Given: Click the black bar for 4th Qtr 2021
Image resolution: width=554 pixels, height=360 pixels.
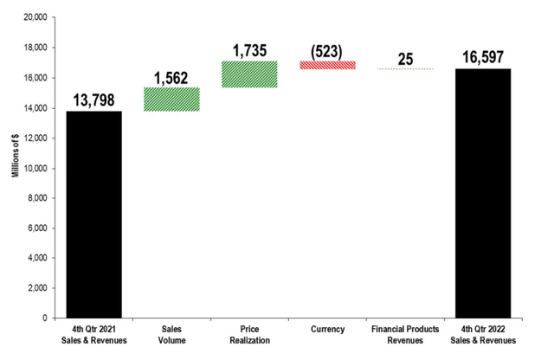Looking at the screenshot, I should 93,215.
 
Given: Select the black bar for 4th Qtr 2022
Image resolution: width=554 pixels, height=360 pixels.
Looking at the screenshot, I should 483,193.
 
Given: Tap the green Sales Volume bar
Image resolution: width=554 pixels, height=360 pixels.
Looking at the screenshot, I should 171,100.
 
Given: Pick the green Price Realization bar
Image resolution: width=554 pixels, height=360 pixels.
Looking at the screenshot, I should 249,74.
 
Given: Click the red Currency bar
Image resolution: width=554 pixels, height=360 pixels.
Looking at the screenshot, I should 327,65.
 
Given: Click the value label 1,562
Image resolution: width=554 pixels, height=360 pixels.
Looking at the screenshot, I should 171,79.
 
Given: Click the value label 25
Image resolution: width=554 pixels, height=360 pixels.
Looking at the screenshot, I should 405,59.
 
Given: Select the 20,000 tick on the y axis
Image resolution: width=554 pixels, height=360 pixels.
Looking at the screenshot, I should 33,17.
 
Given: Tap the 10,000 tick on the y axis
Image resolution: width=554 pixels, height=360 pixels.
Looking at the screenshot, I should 33,168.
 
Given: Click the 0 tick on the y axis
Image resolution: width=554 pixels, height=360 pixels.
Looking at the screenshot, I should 42,318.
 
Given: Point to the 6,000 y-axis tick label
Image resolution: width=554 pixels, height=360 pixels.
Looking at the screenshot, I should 35,228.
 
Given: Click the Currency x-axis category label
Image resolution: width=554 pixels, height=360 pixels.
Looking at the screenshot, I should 327,330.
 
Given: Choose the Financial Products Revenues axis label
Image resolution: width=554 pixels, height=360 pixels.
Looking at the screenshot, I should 405,335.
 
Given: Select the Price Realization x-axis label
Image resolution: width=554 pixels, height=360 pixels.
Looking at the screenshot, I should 249,335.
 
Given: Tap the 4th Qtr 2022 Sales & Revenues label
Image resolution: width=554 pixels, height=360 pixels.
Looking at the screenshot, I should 483,335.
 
